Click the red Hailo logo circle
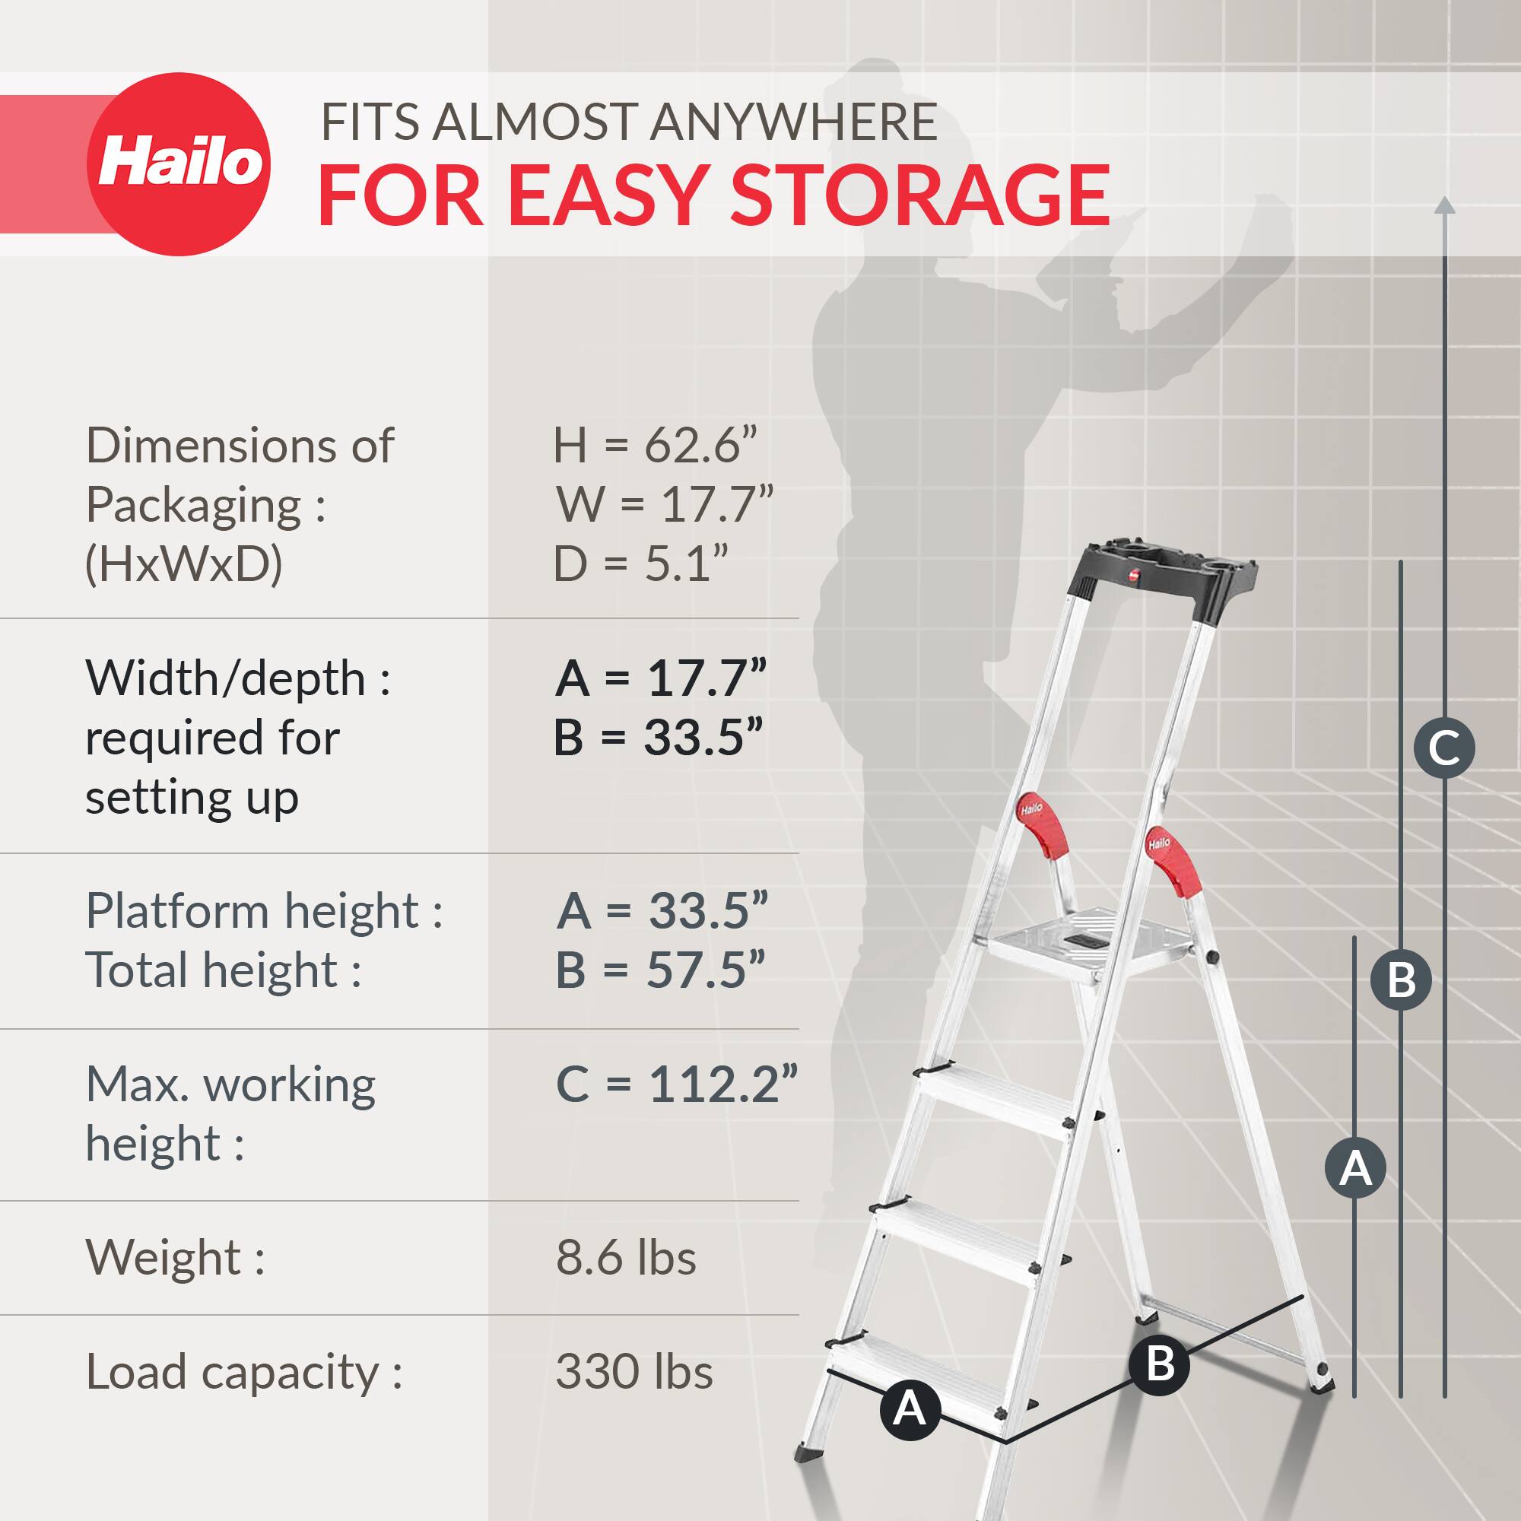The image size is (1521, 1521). (179, 164)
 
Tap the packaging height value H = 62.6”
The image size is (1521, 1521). (654, 446)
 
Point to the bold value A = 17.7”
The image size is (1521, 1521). (659, 678)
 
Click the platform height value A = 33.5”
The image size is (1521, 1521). (662, 911)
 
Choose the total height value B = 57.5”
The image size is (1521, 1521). (659, 970)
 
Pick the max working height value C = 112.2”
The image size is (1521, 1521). (676, 1085)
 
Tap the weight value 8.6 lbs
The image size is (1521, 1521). (626, 1257)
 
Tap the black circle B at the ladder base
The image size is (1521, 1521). (1160, 1364)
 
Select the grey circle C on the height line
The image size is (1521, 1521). (1444, 748)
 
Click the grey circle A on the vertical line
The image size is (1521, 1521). (1355, 1167)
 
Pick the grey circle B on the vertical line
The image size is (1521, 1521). (1401, 980)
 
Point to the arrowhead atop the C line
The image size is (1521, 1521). (1445, 205)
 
